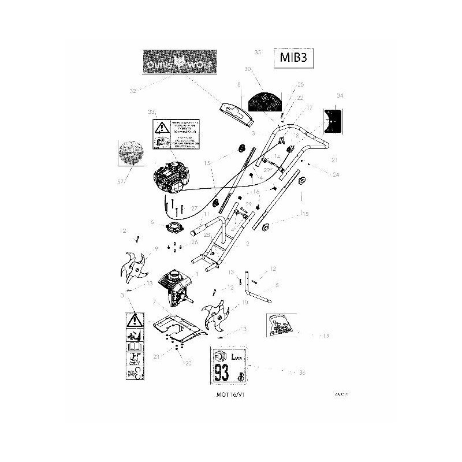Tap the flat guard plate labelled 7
(x=181, y=331)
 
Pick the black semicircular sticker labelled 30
(x=263, y=102)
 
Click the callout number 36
(x=302, y=374)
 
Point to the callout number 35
(x=258, y=52)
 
